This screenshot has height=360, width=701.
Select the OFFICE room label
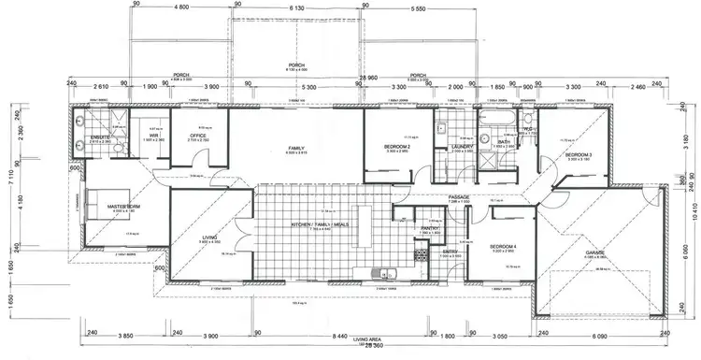coord(198,136)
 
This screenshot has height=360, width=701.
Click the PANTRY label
coord(430,227)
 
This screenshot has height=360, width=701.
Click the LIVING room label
coord(209,238)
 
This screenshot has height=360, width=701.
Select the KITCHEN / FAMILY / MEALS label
coord(322,227)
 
